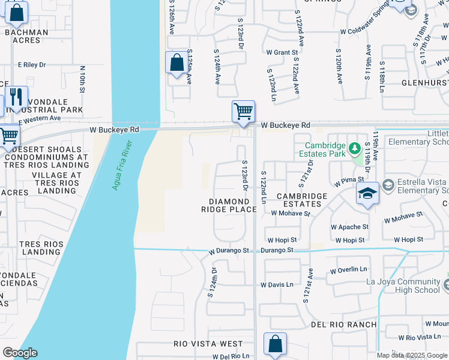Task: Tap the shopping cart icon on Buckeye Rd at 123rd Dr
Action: click(243, 112)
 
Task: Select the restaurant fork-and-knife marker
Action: click(16, 97)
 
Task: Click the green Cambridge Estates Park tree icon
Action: click(355, 148)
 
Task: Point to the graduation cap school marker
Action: click(367, 193)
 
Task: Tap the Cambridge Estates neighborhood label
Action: click(302, 200)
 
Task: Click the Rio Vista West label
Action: click(208, 344)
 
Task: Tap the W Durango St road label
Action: click(229, 250)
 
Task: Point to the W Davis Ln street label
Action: click(277, 284)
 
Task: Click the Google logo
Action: click(20, 353)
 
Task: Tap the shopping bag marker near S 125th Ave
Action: click(177, 63)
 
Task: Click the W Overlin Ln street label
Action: click(348, 271)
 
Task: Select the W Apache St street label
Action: click(349, 227)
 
